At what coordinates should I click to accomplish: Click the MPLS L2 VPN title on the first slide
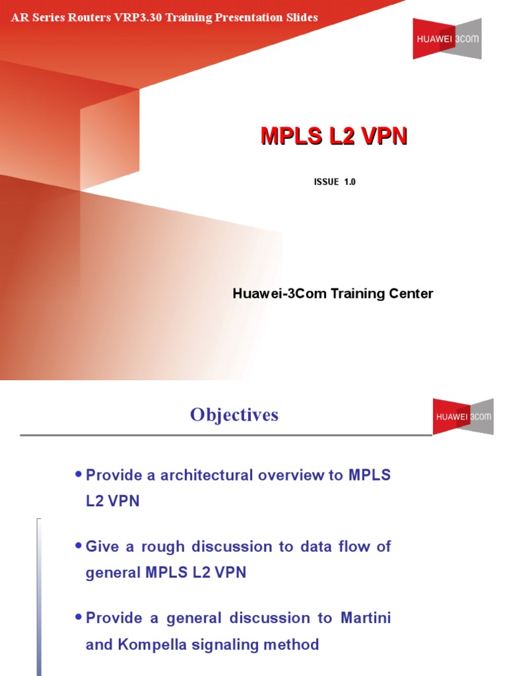point(334,136)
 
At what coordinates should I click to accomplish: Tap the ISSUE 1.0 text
point(335,182)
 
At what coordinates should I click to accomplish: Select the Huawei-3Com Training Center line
point(333,293)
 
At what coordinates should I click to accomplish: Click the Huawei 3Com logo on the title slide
point(446,38)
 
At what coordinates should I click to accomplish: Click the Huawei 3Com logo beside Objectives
point(463,417)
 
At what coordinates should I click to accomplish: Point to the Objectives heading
point(234,415)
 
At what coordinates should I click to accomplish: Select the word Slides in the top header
point(302,17)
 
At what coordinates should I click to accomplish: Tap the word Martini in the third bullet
point(365,618)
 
